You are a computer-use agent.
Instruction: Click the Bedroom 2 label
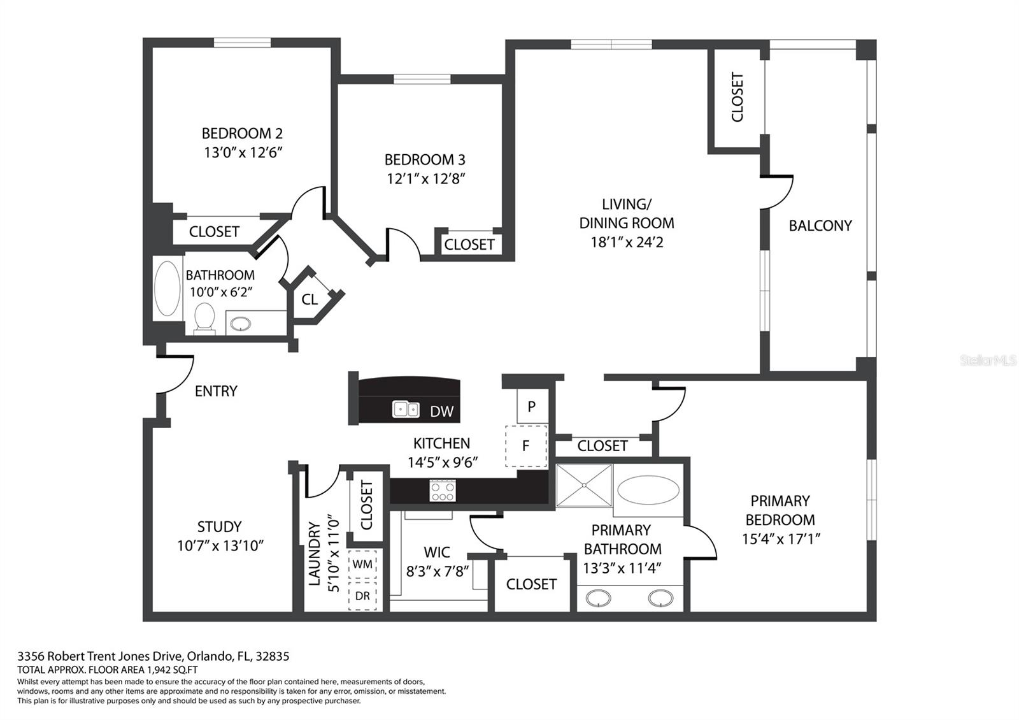pyautogui.click(x=241, y=134)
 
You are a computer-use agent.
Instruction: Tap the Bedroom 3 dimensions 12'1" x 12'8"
pyautogui.click(x=425, y=179)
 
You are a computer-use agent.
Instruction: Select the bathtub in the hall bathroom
pyautogui.click(x=167, y=288)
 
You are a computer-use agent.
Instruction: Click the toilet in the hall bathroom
pyautogui.click(x=204, y=317)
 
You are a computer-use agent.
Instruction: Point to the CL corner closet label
pyautogui.click(x=310, y=299)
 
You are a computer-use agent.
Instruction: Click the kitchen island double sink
pyautogui.click(x=406, y=409)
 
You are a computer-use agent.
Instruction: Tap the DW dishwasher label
pyautogui.click(x=441, y=412)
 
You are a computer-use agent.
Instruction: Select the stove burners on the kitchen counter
pyautogui.click(x=442, y=491)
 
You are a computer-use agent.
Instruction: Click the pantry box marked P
pyautogui.click(x=531, y=406)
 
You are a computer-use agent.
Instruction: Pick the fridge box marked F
pyautogui.click(x=526, y=445)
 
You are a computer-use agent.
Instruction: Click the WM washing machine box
pyautogui.click(x=362, y=565)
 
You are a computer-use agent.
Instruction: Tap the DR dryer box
pyautogui.click(x=362, y=596)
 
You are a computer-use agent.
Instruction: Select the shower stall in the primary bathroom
pyautogui.click(x=584, y=486)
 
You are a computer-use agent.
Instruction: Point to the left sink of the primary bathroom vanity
pyautogui.click(x=598, y=598)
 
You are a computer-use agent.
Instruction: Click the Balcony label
pyautogui.click(x=820, y=226)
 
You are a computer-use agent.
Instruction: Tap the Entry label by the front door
pyautogui.click(x=216, y=391)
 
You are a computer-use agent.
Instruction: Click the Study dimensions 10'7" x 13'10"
pyautogui.click(x=220, y=546)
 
